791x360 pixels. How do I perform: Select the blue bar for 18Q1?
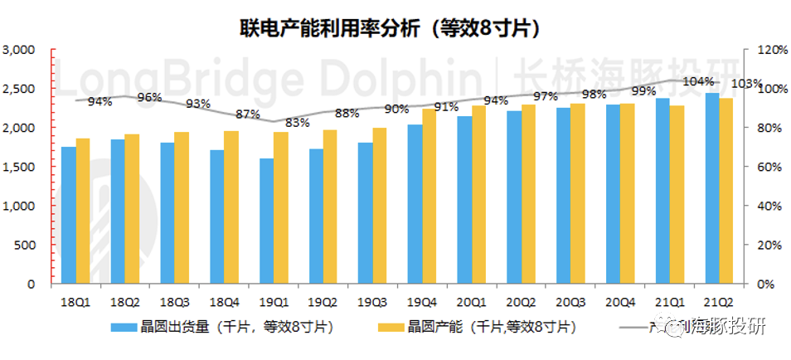pyautogui.click(x=68, y=215)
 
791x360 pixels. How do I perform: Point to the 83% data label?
pyautogui.click(x=298, y=123)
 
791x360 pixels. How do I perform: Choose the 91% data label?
pyautogui.click(x=446, y=107)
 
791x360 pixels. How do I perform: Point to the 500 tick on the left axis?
pyautogui.click(x=27, y=245)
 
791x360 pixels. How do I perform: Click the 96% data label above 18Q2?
pyautogui.click(x=149, y=97)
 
